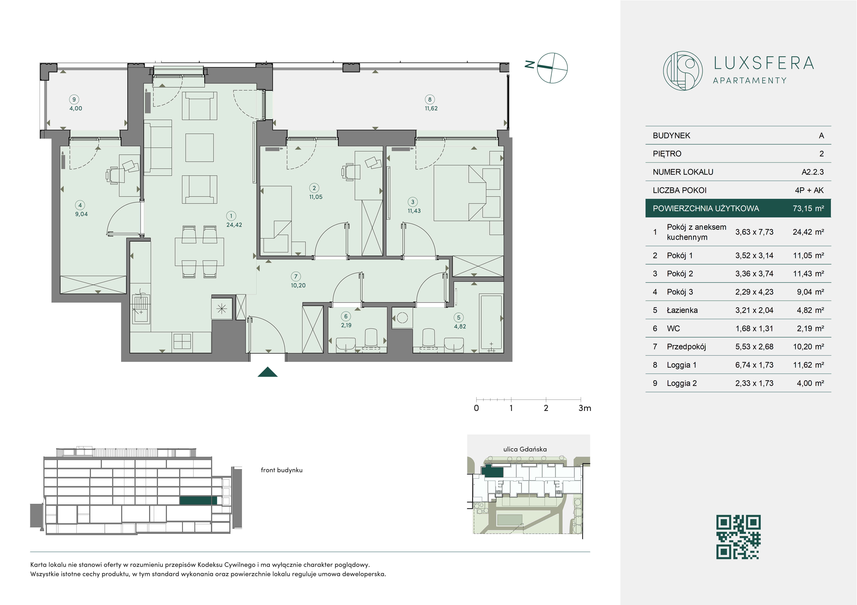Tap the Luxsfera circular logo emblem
coord(683,71)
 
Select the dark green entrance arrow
coord(268,372)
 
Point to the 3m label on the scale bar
coord(585,408)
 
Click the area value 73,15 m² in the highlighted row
coord(808,208)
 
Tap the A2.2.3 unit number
coord(813,172)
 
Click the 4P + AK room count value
coord(809,190)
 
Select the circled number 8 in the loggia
coord(430,99)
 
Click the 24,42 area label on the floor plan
coord(234,225)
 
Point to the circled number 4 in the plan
coord(80,205)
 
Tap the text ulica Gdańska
coord(525,449)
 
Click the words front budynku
coord(281,470)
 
